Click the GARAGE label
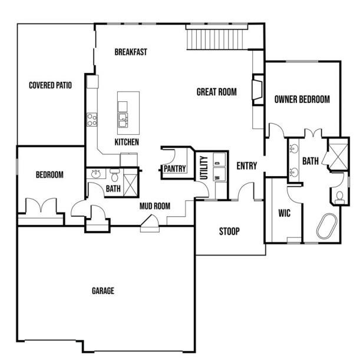pos(103,291)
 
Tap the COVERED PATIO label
pos(51,85)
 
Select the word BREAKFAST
pos(131,52)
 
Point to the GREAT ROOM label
pos(216,92)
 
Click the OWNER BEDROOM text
pos(302,100)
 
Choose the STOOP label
pos(229,231)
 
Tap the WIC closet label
pos(284,213)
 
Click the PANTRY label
pos(174,169)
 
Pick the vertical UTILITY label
pos(204,168)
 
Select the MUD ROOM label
pos(155,206)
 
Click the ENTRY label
pos(247,166)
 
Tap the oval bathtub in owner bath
pos(326,226)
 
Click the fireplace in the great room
pos(258,90)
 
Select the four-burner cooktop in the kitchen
pos(92,120)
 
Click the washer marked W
pos(219,174)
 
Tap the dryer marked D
pos(219,160)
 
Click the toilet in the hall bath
pos(114,176)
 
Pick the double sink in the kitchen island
pos(123,120)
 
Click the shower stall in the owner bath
pos(338,154)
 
